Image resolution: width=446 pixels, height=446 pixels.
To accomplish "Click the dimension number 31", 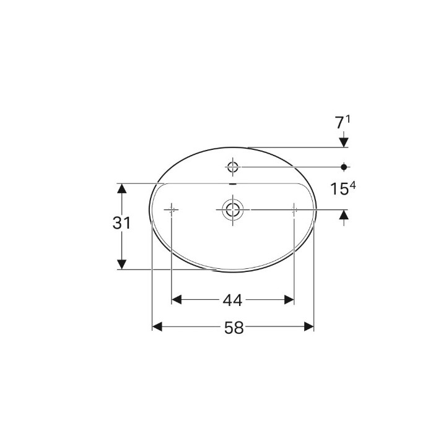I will point(121,223).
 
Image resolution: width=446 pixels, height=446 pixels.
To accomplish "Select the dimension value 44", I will point(232,300).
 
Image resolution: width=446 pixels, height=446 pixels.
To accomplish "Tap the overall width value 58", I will point(234,328).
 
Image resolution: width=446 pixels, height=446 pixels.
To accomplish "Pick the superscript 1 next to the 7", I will point(349,119).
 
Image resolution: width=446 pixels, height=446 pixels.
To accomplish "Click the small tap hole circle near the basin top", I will point(233,166).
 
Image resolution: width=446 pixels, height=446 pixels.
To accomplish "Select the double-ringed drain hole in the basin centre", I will point(233,210).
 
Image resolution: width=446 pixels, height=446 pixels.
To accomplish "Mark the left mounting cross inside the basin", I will point(171,210).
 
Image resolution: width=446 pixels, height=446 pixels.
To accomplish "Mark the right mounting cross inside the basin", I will point(294,210).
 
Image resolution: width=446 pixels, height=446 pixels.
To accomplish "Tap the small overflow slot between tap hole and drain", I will point(233,184).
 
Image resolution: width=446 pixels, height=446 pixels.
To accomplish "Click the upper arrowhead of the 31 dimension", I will point(122,188).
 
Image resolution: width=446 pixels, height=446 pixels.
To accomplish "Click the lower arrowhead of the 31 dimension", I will point(122,265).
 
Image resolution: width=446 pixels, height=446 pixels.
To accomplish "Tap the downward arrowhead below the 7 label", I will point(344,142).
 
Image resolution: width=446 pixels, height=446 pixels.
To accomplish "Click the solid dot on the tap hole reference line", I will point(344,166).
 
